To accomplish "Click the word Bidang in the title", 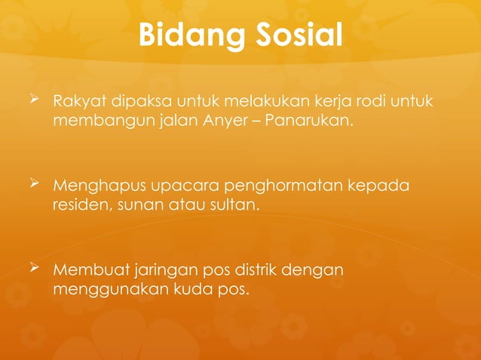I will [x=188, y=35].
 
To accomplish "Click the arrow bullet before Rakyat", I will [x=35, y=100].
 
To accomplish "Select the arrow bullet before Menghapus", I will [x=35, y=184].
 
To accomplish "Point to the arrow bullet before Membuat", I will [x=35, y=267].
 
